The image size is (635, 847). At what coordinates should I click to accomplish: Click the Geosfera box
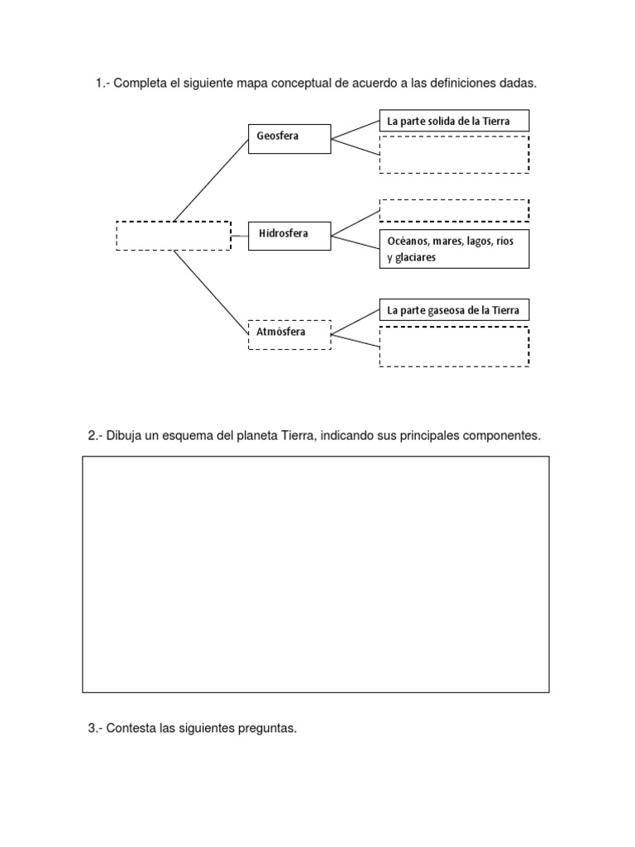pyautogui.click(x=289, y=139)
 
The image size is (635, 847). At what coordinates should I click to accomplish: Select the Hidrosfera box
pyautogui.click(x=289, y=236)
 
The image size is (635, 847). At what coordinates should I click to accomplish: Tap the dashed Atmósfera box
pyautogui.click(x=289, y=334)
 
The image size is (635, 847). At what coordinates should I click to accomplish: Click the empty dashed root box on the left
pyautogui.click(x=174, y=236)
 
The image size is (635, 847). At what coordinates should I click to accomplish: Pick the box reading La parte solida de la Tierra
pyautogui.click(x=454, y=121)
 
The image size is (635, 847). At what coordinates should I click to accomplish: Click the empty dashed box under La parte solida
pyautogui.click(x=454, y=155)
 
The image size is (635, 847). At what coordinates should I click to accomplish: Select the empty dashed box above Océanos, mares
pyautogui.click(x=454, y=210)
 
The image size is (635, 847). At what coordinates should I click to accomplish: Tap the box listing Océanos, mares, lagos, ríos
pyautogui.click(x=454, y=249)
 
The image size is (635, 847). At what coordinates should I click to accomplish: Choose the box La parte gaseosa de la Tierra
pyautogui.click(x=454, y=311)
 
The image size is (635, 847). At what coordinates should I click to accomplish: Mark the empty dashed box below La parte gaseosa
pyautogui.click(x=454, y=347)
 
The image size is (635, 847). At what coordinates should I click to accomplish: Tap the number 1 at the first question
pyautogui.click(x=98, y=84)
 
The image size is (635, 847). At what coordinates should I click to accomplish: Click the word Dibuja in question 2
pyautogui.click(x=123, y=436)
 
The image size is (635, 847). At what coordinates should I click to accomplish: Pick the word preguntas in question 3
pyautogui.click(x=267, y=729)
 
